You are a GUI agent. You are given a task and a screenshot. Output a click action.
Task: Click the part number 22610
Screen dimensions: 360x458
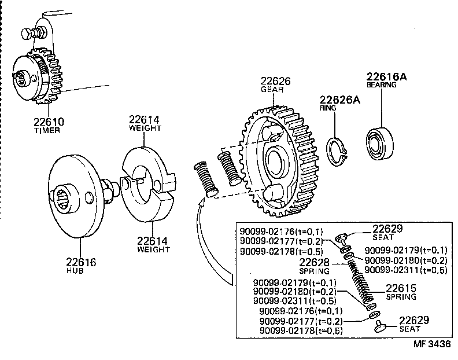point(48,122)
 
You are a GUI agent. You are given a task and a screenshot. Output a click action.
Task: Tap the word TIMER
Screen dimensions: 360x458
point(48,131)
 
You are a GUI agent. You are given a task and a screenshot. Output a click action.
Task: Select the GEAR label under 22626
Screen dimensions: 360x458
point(271,90)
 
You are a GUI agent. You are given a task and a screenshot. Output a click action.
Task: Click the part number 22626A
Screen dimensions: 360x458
point(339,100)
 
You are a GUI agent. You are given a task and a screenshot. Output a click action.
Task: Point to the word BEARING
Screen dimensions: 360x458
point(381,85)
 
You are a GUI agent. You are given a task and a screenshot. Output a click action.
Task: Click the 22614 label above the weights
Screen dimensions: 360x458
point(145,119)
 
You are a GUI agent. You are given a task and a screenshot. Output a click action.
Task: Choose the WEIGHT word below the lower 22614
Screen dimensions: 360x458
point(153,249)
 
